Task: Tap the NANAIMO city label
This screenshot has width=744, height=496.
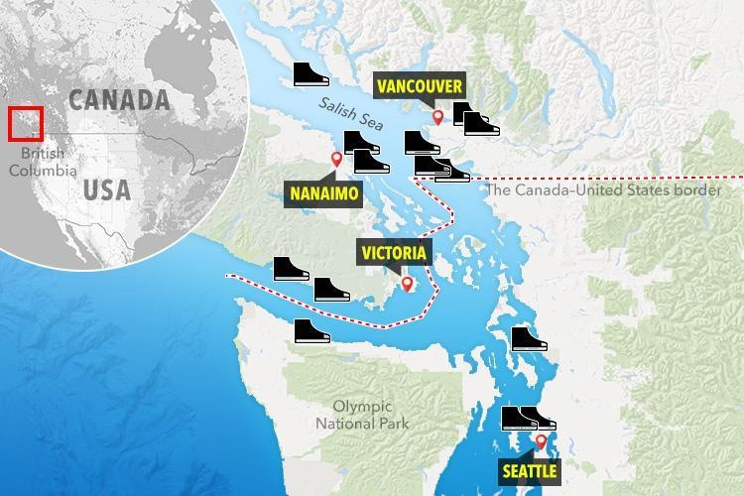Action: [x=320, y=192]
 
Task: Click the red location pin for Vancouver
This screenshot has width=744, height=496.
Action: [x=437, y=118]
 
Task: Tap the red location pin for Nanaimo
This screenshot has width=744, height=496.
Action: [x=336, y=160]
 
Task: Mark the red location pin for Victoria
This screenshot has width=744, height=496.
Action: [x=406, y=286]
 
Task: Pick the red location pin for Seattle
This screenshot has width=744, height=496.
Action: [x=541, y=441]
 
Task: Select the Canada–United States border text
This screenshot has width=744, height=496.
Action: [x=605, y=189]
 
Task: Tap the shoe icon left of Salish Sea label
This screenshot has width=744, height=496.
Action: [x=312, y=75]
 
